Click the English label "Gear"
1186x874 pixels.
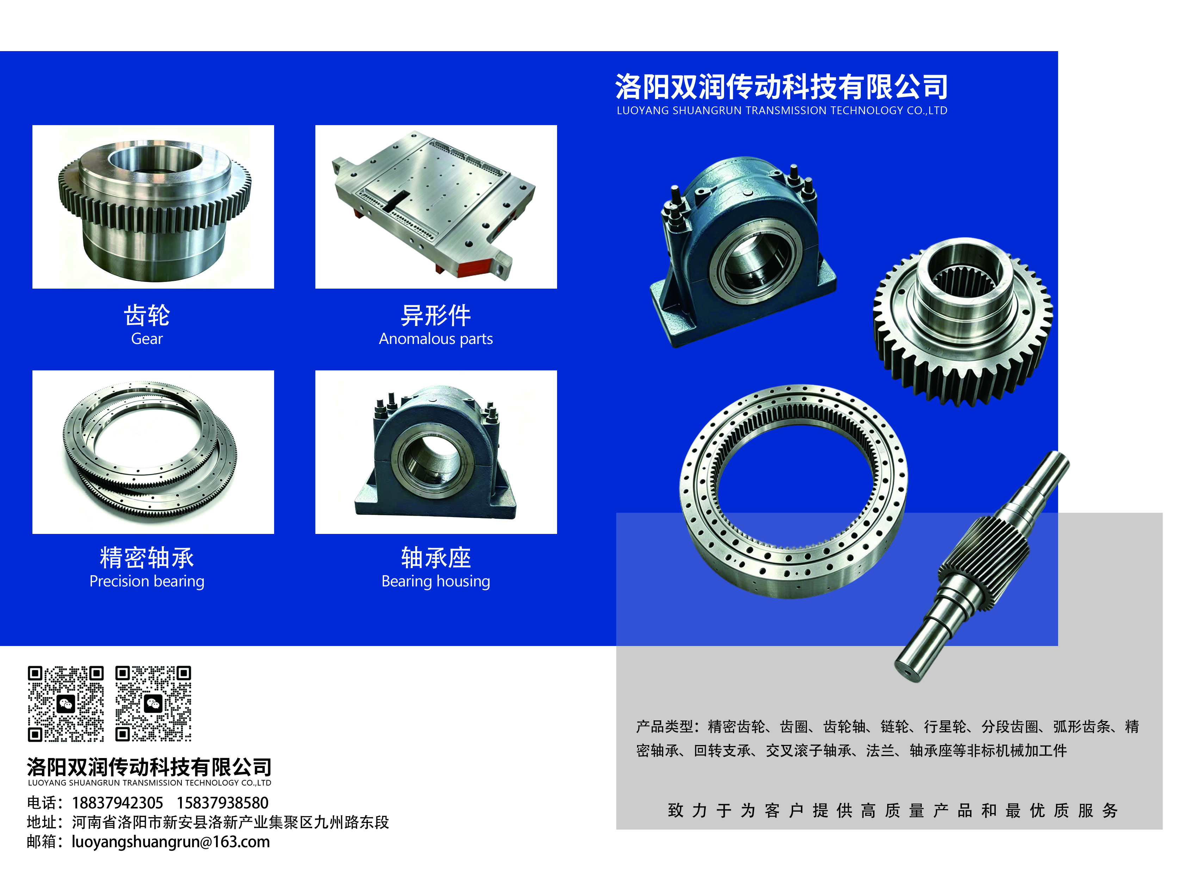[x=147, y=339]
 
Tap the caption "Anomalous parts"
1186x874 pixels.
[x=436, y=339]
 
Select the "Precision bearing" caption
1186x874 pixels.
[x=147, y=581]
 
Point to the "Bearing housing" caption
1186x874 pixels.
[x=436, y=581]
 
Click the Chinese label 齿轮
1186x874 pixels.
[x=147, y=315]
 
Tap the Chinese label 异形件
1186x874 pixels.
[x=436, y=315]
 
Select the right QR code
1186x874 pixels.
[x=153, y=704]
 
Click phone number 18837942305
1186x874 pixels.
[x=117, y=802]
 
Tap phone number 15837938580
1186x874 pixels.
[x=223, y=802]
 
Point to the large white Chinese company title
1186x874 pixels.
[x=781, y=86]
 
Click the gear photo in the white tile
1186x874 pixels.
[x=153, y=206]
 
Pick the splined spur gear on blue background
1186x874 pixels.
[x=963, y=323]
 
